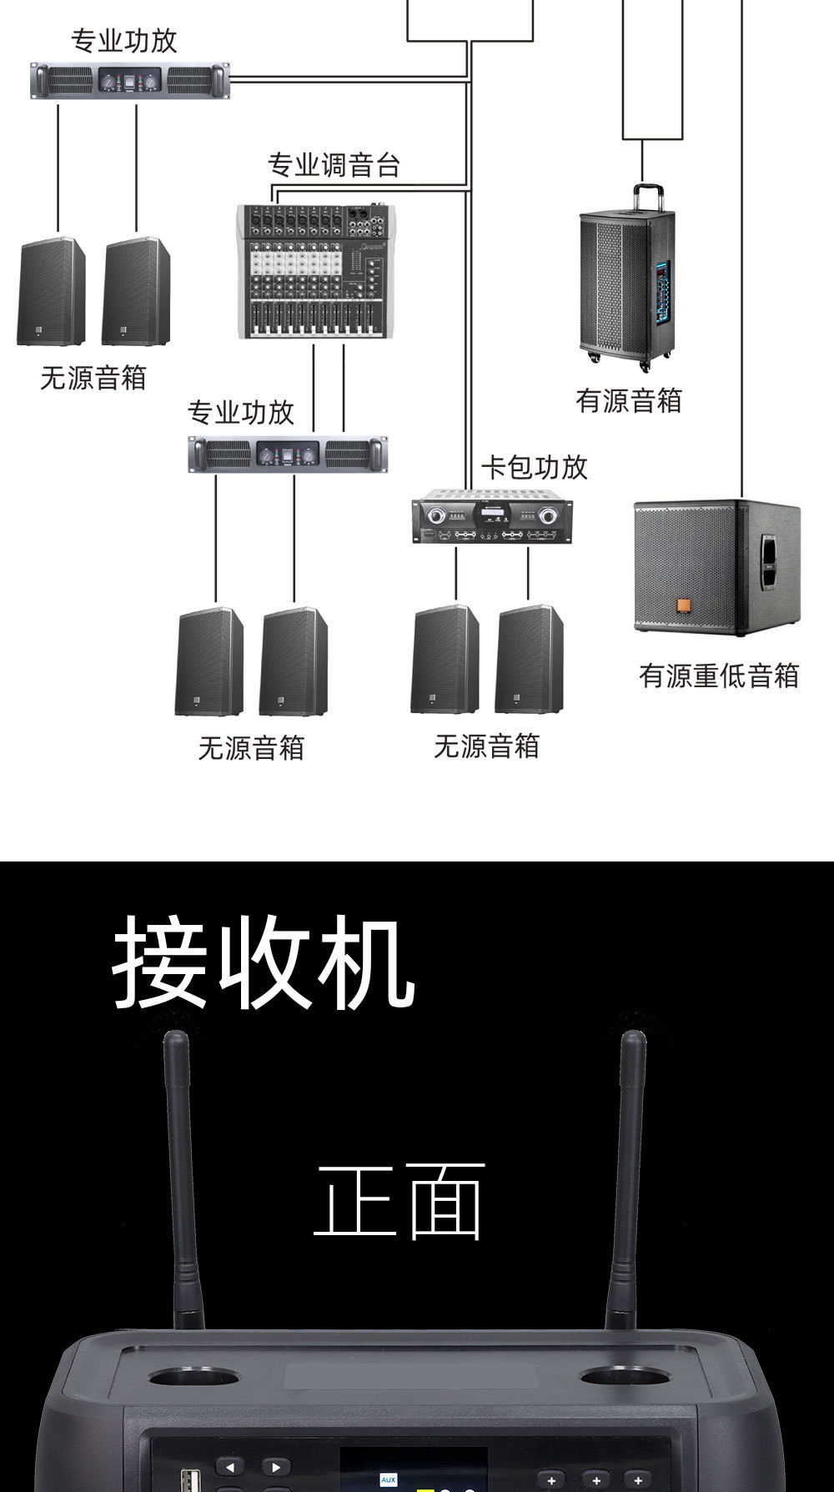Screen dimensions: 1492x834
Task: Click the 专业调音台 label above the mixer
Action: coord(334,165)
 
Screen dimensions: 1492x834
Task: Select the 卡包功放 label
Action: coord(535,468)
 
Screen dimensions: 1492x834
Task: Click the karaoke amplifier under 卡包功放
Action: coord(492,520)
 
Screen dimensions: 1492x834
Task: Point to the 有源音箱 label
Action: coord(629,401)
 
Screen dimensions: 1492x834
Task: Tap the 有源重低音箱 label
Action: coord(719,676)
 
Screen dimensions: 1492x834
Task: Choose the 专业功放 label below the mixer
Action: coord(241,413)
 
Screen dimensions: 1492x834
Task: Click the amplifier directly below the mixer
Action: coord(288,455)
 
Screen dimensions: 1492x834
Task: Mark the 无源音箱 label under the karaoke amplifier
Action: coord(486,746)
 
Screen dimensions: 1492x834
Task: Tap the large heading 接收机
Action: coord(264,962)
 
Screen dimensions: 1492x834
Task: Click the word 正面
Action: coord(399,1201)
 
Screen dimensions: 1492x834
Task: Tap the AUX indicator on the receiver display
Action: coord(388,1479)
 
